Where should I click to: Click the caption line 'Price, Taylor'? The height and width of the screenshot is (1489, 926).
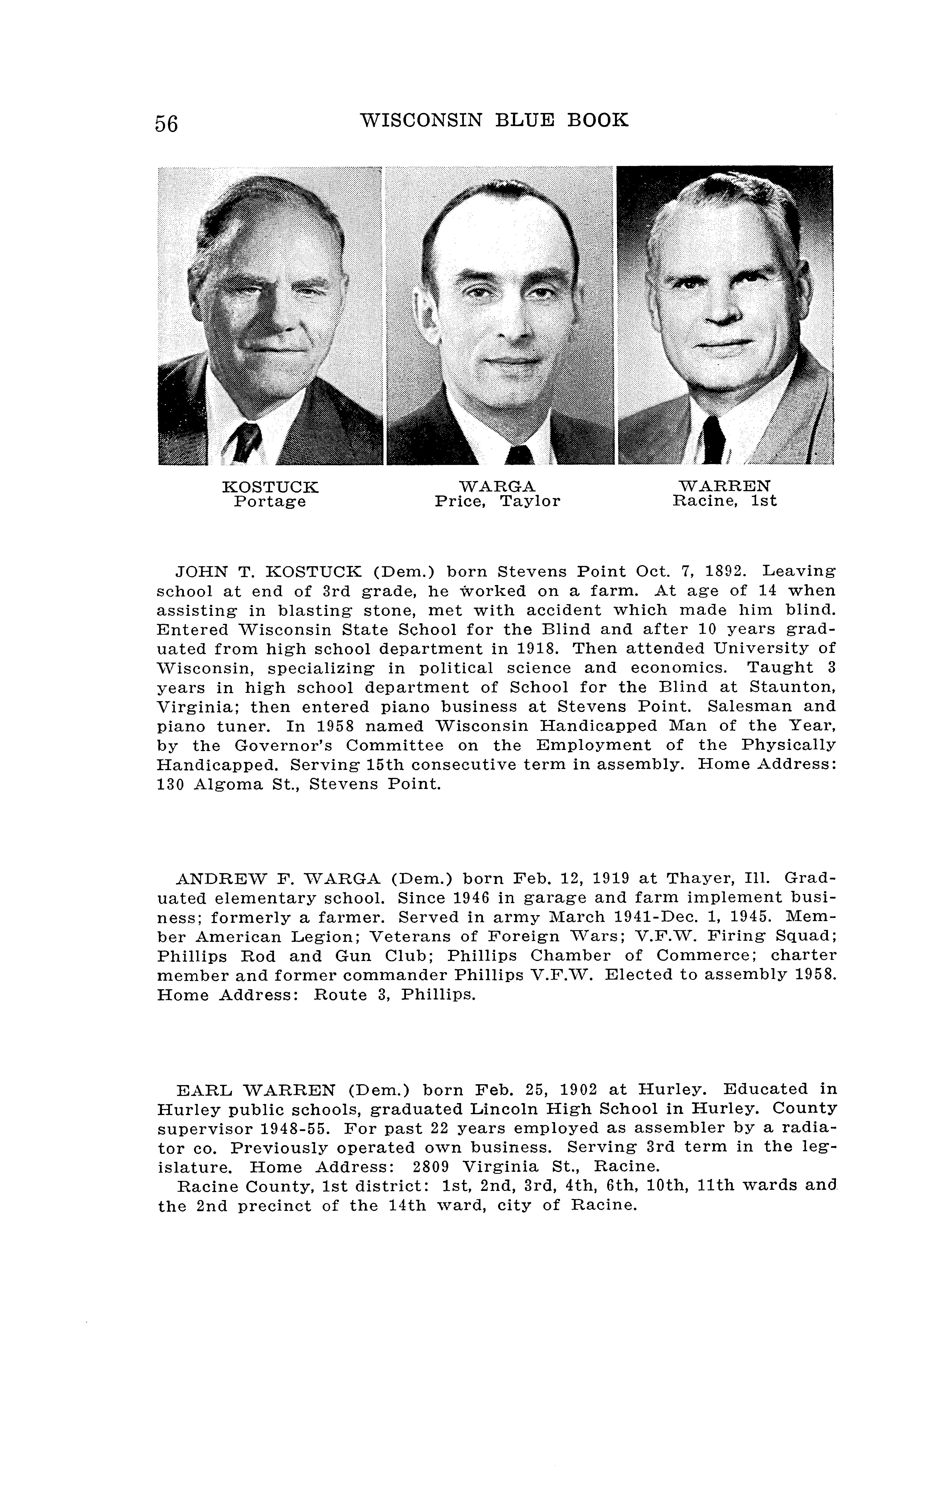point(497,502)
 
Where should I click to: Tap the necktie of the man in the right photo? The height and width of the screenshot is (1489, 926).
point(714,440)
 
